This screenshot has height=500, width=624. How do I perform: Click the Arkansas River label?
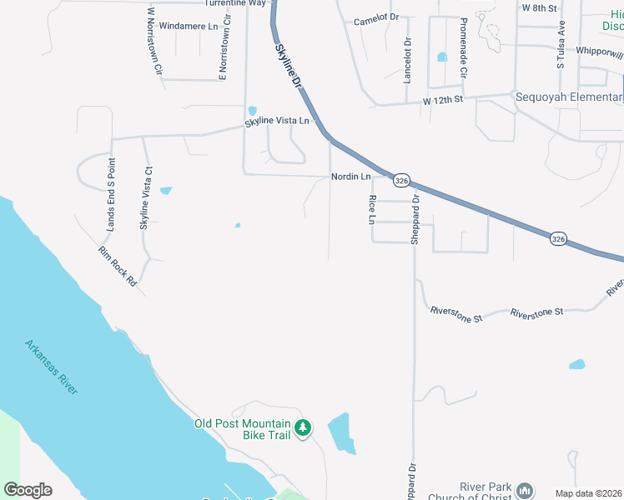51,367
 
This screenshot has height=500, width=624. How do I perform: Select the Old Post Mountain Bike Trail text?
242,429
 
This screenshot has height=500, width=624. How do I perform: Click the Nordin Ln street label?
350,177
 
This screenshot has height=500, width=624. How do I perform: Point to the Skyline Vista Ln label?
276,122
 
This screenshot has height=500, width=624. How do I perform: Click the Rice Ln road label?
372,209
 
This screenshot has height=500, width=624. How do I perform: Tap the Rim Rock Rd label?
117,267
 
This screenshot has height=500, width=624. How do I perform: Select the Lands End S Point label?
109,194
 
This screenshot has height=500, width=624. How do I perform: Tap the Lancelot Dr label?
407,60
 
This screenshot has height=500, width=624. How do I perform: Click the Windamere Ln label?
188,27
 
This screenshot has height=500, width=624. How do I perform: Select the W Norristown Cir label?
153,41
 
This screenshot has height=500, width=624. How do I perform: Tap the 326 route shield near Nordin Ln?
402,180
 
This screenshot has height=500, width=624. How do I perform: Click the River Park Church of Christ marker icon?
524,489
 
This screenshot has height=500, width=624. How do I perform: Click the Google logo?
28,490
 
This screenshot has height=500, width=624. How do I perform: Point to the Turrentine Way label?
235,3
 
